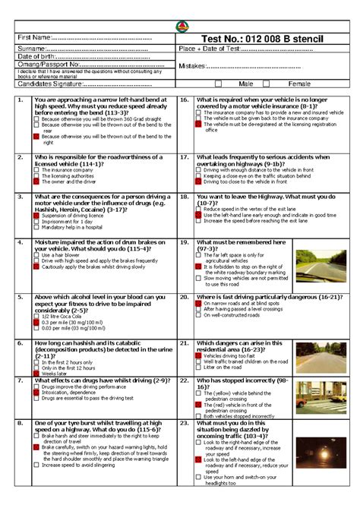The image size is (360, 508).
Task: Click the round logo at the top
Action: [x=179, y=27]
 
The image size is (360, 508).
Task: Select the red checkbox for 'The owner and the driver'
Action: [x=36, y=182]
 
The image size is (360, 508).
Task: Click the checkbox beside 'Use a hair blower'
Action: [x=36, y=254]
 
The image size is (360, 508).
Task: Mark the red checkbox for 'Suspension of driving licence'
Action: [x=36, y=215]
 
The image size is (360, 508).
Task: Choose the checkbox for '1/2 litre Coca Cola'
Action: [x=36, y=315]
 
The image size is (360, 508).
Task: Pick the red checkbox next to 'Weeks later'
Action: [x=36, y=374]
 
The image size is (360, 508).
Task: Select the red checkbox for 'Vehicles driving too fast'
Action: [x=198, y=355]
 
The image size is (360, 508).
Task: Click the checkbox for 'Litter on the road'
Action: [x=198, y=368]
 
